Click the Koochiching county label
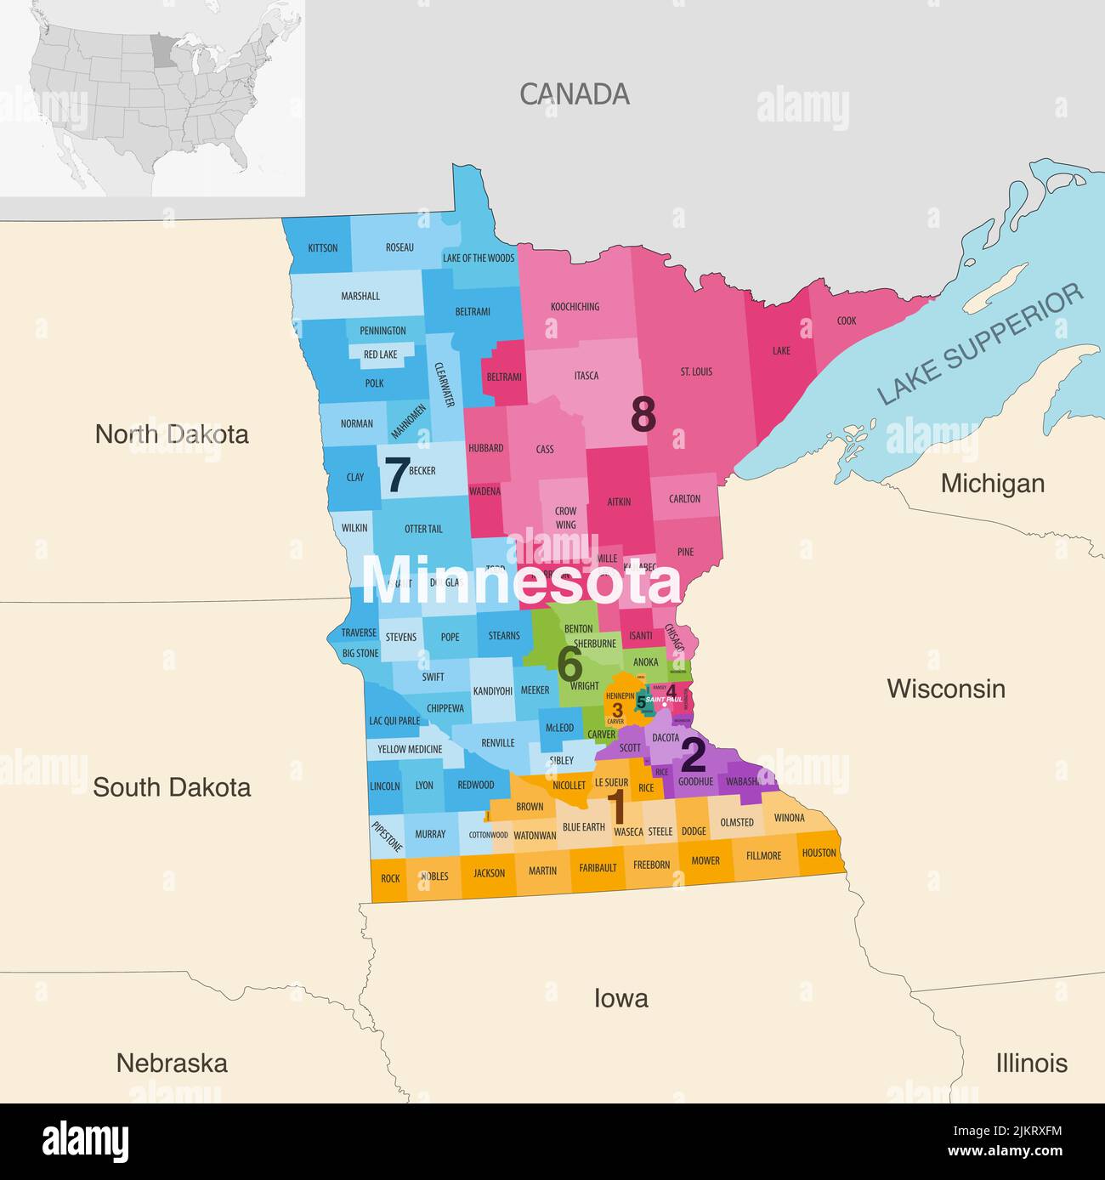(x=575, y=307)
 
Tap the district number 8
(x=643, y=416)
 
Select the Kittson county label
(x=323, y=248)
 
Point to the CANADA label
(x=575, y=94)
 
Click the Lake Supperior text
(x=982, y=344)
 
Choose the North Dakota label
(x=172, y=434)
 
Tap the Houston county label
(x=819, y=853)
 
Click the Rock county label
(x=390, y=878)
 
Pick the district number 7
(x=396, y=476)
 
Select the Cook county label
(x=847, y=321)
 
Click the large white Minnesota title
(x=521, y=581)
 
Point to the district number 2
(x=694, y=756)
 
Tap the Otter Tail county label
(x=423, y=529)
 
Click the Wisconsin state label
(x=946, y=689)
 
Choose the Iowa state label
(x=620, y=998)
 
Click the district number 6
(x=569, y=665)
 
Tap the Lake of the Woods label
(x=479, y=258)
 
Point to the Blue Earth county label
(x=583, y=827)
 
